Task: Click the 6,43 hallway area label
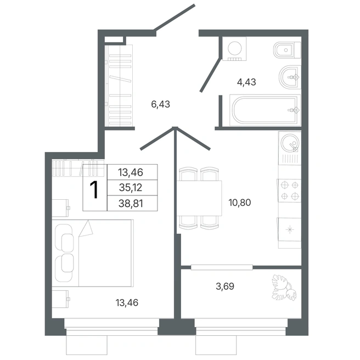coord(160,104)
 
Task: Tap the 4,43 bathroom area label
coord(246,82)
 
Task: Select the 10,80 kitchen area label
coord(240,203)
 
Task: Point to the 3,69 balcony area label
coord(225,286)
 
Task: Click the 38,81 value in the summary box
coord(131,204)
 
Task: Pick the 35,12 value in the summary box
coord(131,188)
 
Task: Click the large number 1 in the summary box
coord(94,189)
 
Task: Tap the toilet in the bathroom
coord(287,50)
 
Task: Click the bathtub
coord(265,110)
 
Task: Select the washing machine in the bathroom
coord(234,49)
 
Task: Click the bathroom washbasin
coord(290,77)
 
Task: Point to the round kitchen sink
coord(290,143)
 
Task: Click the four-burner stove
coord(290,190)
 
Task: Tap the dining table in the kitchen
coord(199,198)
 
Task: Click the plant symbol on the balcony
coord(284,288)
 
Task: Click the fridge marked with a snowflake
coord(290,229)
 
